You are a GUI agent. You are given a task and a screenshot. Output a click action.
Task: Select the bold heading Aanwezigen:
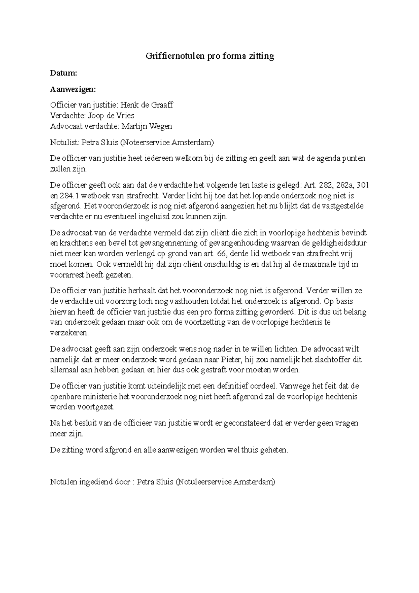(x=73, y=89)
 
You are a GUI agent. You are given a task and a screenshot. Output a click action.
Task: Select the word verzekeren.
(x=69, y=333)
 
